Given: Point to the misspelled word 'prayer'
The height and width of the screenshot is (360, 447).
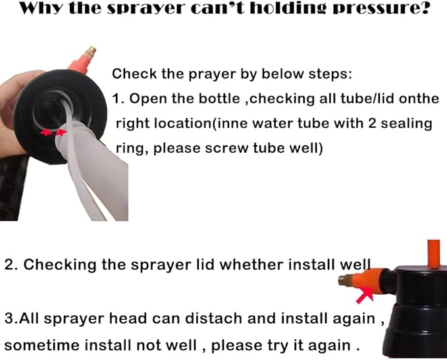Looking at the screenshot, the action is (x=212, y=74).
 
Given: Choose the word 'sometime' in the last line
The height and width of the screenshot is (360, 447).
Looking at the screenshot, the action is (x=42, y=346).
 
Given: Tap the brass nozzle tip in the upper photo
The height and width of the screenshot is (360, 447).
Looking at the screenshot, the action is (x=92, y=52).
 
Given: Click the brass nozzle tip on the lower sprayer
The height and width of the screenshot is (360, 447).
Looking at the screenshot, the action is (x=345, y=280).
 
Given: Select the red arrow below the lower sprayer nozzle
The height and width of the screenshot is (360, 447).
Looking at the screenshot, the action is (x=365, y=296).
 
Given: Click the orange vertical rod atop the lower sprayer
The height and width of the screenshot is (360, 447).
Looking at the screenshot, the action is (x=433, y=254).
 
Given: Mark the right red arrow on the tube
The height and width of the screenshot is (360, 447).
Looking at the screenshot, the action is (x=61, y=132).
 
